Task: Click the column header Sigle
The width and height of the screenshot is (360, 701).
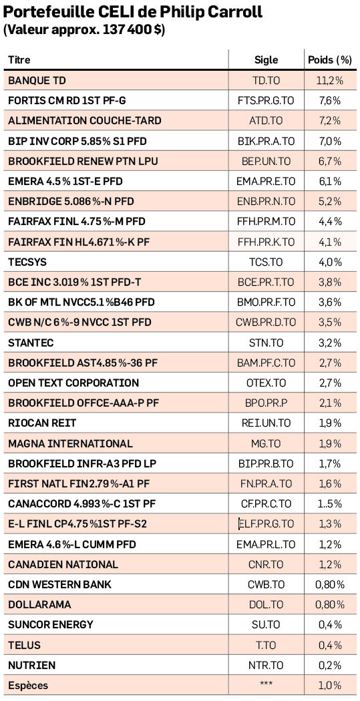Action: click(266, 60)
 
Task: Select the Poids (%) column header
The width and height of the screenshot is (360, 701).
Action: click(330, 60)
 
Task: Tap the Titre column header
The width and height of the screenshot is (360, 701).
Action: click(19, 60)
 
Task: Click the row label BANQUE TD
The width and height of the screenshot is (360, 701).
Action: click(37, 81)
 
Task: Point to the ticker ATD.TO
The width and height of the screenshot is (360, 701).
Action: click(266, 121)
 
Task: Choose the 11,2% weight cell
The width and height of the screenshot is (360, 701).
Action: click(330, 81)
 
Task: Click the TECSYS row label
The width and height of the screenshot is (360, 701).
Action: click(27, 262)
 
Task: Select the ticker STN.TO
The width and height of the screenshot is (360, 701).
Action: click(266, 343)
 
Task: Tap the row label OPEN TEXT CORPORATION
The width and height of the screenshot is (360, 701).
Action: click(73, 383)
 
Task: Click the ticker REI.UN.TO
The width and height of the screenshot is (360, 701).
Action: click(266, 423)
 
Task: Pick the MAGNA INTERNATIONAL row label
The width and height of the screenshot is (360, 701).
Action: click(71, 443)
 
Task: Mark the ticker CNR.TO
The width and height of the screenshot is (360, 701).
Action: click(266, 565)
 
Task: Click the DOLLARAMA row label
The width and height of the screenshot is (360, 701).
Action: click(40, 605)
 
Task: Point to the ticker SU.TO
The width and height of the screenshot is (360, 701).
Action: click(266, 625)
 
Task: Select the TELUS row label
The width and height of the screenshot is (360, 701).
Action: click(25, 646)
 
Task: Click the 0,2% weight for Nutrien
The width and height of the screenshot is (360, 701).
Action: click(330, 666)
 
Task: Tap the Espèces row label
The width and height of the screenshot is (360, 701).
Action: click(28, 686)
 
